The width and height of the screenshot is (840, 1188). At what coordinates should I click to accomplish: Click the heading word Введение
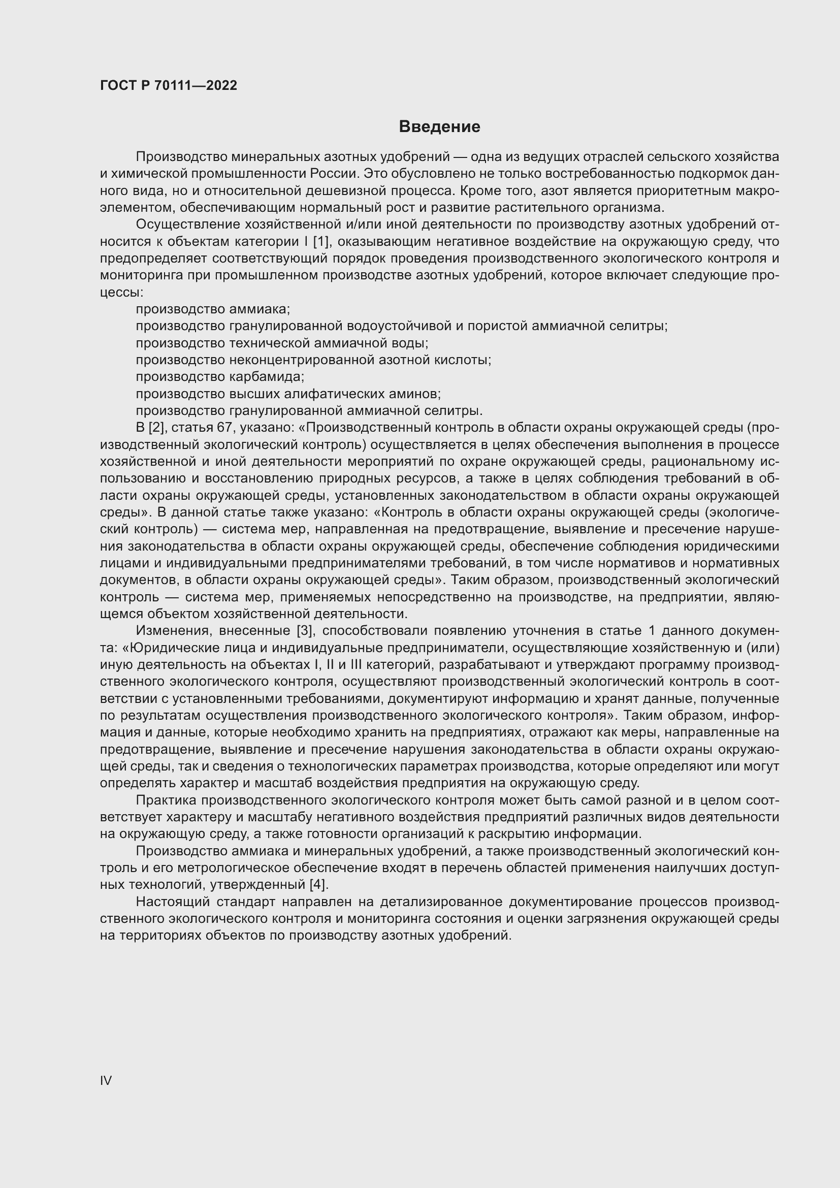[439, 127]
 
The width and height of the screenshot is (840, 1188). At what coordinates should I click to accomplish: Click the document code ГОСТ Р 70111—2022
[169, 86]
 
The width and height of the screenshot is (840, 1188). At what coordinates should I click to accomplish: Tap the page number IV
[106, 1081]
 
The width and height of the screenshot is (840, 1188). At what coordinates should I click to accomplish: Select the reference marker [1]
[321, 242]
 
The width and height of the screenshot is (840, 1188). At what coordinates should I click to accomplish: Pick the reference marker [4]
[318, 885]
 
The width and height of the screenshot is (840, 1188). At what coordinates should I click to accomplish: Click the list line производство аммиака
[213, 309]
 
